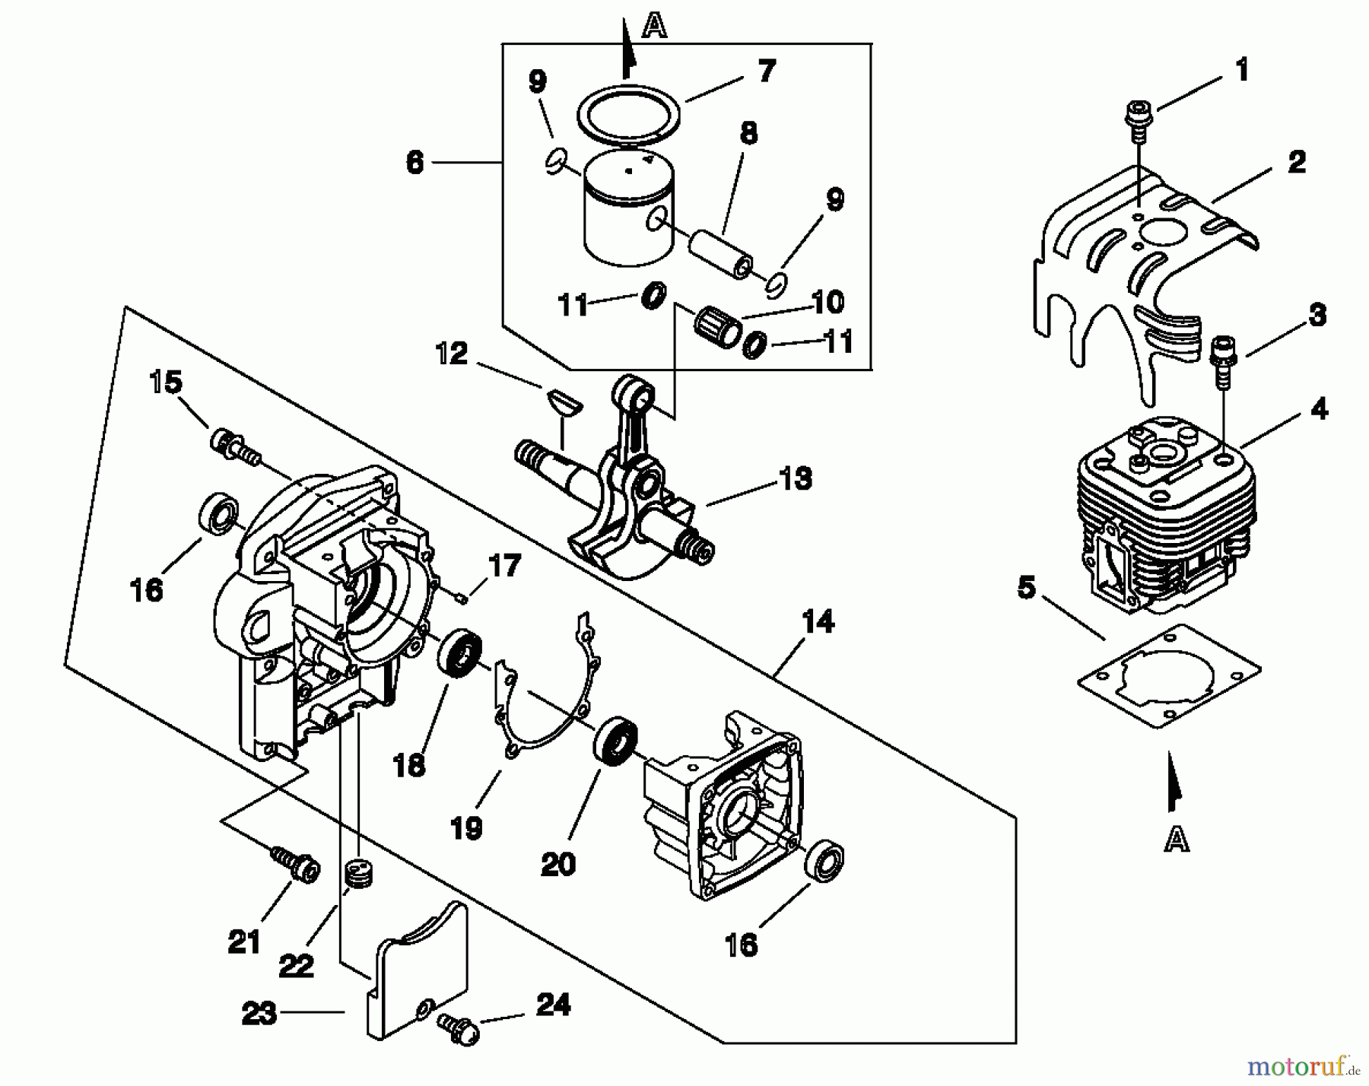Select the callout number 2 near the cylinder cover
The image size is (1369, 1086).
(x=1296, y=162)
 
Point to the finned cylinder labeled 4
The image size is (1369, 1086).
(x=1164, y=517)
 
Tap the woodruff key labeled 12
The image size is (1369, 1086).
(x=561, y=401)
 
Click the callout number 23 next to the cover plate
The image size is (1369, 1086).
(x=259, y=1014)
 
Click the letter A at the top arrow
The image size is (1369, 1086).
(x=654, y=27)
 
